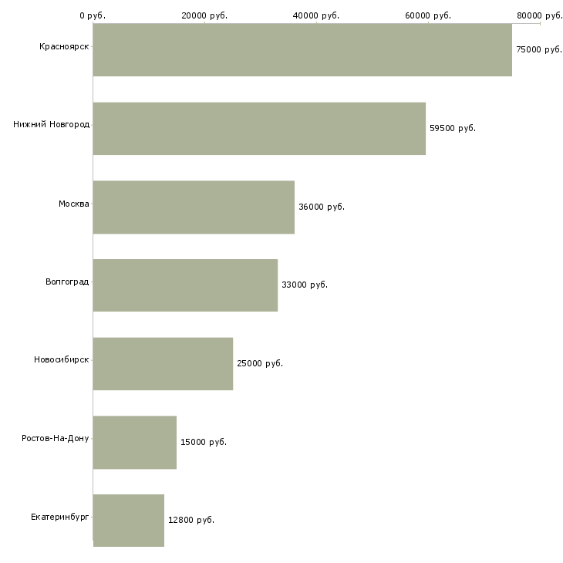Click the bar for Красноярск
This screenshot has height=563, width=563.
302,49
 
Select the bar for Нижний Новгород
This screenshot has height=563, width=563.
259,128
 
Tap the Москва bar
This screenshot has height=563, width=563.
194,207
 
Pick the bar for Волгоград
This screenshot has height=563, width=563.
185,285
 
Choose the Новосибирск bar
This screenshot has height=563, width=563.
163,363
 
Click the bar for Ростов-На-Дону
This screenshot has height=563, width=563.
135,442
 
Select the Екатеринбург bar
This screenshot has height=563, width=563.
129,520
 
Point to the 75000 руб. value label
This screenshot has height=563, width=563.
539,49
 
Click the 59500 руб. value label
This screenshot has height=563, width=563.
453,128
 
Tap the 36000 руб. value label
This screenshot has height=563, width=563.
322,207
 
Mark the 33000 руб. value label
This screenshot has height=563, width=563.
305,285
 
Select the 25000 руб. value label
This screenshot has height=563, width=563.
260,363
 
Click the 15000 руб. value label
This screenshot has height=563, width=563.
204,442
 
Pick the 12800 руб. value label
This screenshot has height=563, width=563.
191,520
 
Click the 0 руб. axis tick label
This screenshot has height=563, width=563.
93,15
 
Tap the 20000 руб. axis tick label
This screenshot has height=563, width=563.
204,15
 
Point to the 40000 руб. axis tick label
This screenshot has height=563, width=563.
316,15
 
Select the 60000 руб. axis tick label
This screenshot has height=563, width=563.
427,15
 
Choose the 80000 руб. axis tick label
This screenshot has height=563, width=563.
539,15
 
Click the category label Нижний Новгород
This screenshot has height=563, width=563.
52,124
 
